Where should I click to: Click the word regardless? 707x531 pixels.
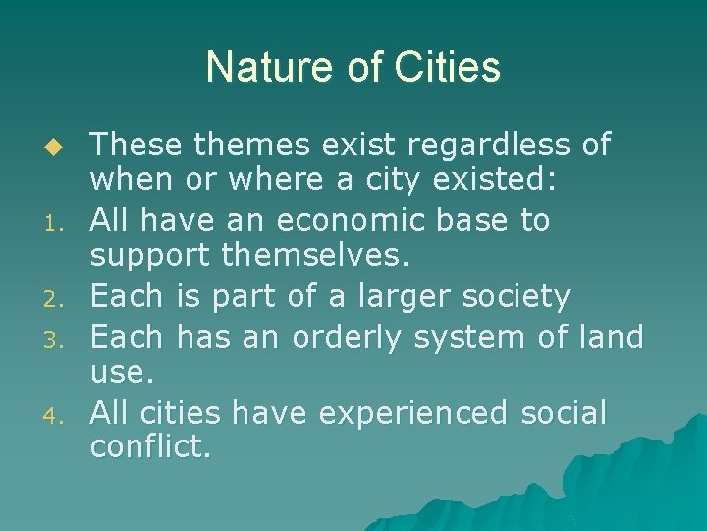click(488, 146)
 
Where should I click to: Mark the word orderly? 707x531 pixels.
click(349, 337)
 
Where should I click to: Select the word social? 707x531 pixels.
click(564, 413)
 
